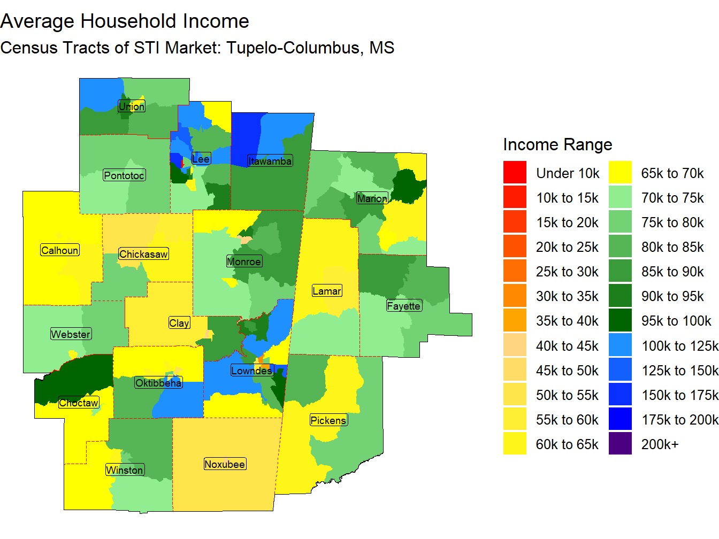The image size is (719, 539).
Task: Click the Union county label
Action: tap(132, 106)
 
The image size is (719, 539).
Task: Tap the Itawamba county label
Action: tap(270, 161)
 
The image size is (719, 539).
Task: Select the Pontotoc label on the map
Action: tap(124, 175)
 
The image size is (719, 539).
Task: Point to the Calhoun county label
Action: tap(60, 250)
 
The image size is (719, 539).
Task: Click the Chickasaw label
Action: tap(143, 254)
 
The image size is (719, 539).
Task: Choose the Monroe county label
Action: tap(244, 261)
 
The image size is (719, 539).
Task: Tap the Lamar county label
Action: tap(327, 291)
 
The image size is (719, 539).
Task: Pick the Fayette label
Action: tap(404, 306)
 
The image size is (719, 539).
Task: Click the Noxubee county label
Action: tap(225, 464)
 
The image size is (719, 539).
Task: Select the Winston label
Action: tap(125, 470)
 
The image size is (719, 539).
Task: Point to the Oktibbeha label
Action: tap(158, 383)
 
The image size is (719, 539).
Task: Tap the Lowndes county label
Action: tap(252, 371)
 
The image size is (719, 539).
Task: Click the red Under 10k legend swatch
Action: tap(515, 173)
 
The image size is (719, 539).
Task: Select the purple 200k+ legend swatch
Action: tap(620, 444)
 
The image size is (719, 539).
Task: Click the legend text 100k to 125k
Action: tap(680, 346)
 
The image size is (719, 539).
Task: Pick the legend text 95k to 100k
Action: tap(676, 321)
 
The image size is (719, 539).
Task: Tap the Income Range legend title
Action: tap(557, 144)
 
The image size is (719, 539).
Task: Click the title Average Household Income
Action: tap(125, 21)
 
